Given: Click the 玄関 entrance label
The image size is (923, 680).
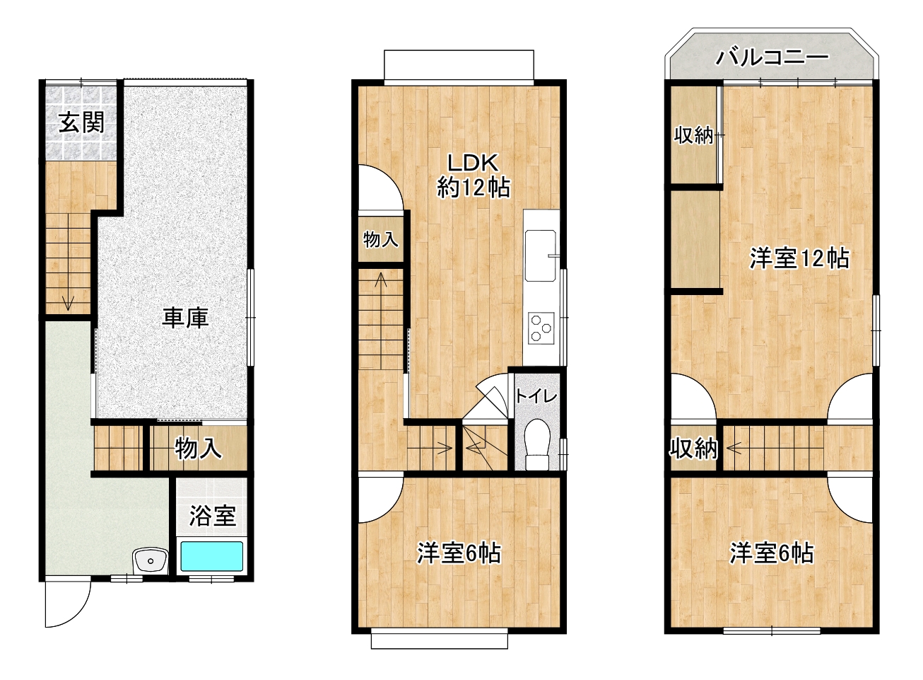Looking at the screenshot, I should coord(81,122).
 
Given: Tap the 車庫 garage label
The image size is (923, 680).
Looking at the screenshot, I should coord(185,318).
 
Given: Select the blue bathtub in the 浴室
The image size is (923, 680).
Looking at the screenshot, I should coord(211,556).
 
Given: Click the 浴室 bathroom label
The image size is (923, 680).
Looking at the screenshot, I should coord(212,515).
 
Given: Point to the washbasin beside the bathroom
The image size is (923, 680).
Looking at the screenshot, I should coord(150,562).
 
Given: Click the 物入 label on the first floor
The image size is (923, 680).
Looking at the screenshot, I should coord(198,448).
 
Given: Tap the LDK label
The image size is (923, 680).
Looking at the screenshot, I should coord(473,163).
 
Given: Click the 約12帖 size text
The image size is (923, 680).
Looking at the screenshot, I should coord(474,188).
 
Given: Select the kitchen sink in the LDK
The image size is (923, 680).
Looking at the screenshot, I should coord(541,255).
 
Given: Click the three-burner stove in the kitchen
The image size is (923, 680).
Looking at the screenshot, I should coord(541,328).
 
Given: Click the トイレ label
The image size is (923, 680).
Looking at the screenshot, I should coord(536,396).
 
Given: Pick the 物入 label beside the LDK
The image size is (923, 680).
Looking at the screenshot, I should coord(380,239).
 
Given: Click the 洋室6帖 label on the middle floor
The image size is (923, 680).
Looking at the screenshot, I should coord(459,553).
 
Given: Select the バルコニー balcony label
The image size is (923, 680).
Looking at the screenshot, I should coord(772,57).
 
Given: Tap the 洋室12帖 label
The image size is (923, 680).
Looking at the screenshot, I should coord(799,258).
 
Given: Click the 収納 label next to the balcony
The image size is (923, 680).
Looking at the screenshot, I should coord(693,134).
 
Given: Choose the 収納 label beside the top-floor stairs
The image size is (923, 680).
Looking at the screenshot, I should coord(693,448).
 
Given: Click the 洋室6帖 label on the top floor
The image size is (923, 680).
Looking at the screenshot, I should coord(772,553).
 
